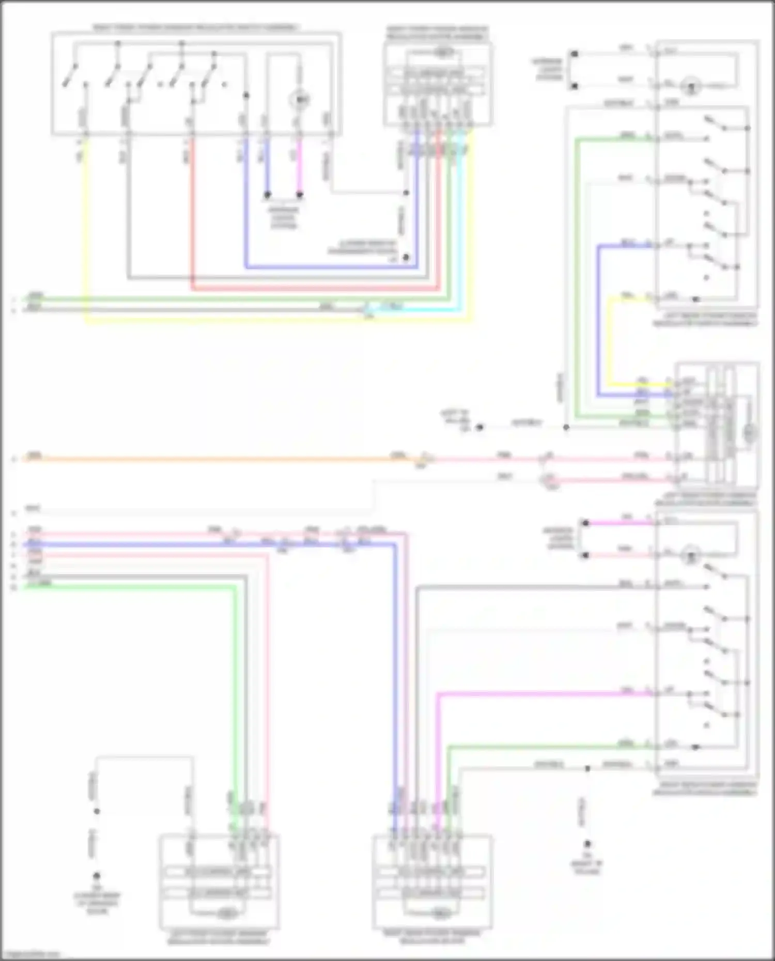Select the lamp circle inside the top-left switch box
point(300,99)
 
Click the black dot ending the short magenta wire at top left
point(300,195)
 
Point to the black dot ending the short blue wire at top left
point(268,195)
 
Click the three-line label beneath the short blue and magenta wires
point(284,217)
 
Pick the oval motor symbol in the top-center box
point(443,52)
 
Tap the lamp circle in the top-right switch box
point(691,86)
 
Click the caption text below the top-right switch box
point(706,319)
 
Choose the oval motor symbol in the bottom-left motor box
point(226,915)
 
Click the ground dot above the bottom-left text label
point(96,876)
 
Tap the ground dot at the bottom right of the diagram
point(587,845)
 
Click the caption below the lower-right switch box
point(706,789)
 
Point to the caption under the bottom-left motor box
point(219,937)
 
